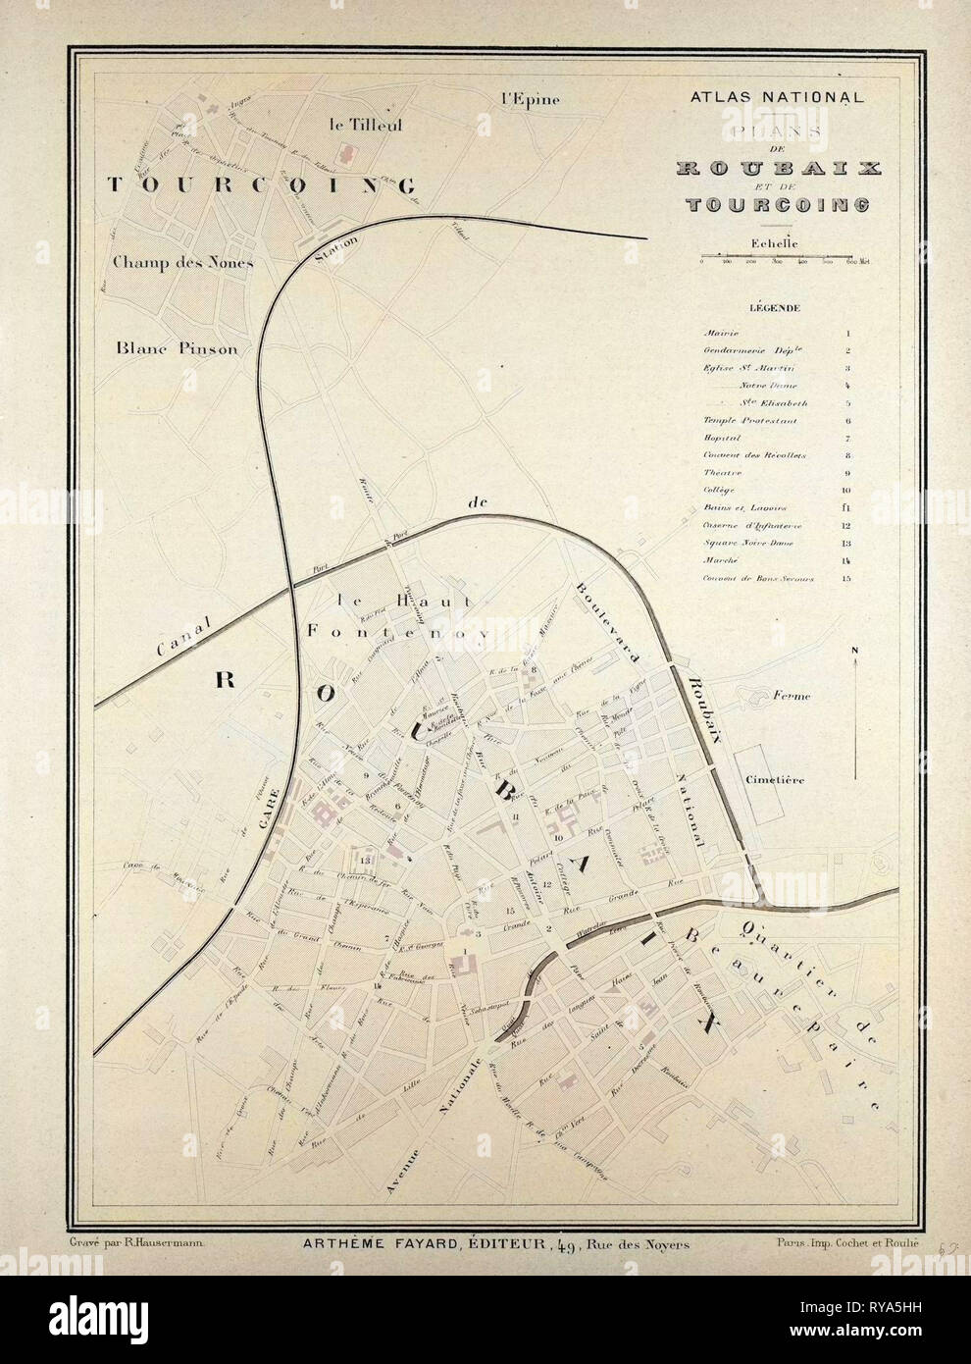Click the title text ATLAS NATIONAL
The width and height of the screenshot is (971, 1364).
point(777,98)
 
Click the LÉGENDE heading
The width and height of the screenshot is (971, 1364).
point(775,307)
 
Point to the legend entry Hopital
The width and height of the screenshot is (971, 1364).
point(720,438)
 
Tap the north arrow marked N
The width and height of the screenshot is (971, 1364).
point(856,707)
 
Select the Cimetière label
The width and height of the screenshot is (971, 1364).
point(775,781)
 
